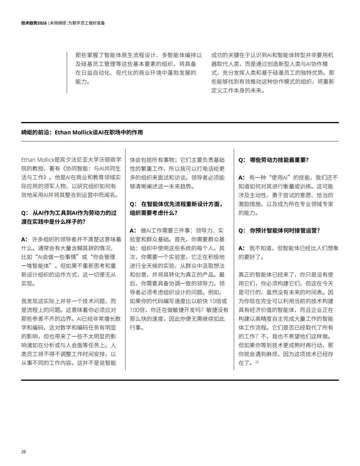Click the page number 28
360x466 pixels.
(23, 452)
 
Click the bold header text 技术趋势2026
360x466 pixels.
(34, 23)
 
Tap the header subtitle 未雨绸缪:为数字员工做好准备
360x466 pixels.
(78, 23)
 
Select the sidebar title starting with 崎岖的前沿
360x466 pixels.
(82, 132)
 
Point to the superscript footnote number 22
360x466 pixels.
(257, 362)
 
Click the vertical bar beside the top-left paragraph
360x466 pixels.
(67, 72)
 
